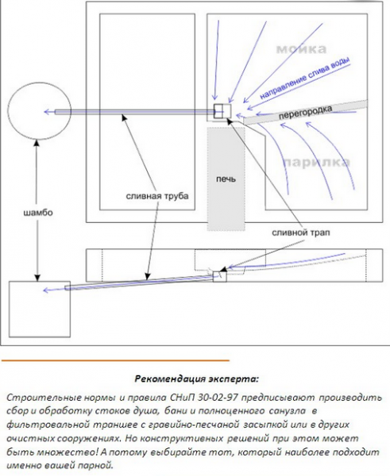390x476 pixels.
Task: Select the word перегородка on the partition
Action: tap(306, 115)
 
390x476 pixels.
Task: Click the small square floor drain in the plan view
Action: tap(221, 112)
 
